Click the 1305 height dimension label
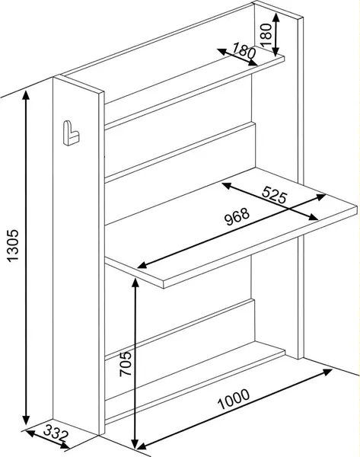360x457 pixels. [13, 246]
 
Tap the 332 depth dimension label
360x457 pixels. [56, 434]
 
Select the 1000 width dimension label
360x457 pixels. [234, 399]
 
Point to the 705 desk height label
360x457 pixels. [126, 364]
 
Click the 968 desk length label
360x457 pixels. [237, 216]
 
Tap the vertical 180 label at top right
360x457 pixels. [266, 35]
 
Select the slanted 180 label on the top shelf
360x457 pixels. [244, 50]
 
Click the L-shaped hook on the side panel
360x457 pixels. [71, 133]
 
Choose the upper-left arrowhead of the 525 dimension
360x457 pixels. [227, 185]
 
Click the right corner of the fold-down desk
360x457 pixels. [357, 206]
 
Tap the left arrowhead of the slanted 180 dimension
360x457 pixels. [222, 52]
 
